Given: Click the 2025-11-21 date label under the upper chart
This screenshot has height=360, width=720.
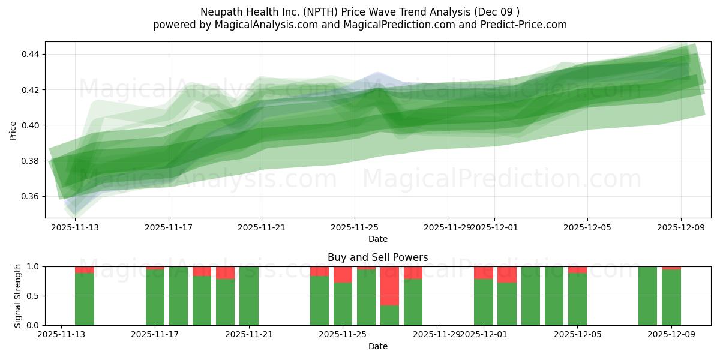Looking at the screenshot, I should [x=262, y=227].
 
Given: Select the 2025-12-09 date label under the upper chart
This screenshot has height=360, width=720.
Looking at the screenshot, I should [x=680, y=227].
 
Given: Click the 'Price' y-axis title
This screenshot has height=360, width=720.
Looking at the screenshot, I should [x=13, y=130].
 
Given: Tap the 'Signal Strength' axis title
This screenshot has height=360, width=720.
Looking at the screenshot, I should [x=18, y=296].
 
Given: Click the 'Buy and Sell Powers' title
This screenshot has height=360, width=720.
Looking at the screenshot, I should [x=378, y=257].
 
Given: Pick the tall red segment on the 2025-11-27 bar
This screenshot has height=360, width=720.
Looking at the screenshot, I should [x=389, y=286].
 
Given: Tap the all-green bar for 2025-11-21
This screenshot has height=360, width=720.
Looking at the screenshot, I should [x=249, y=296].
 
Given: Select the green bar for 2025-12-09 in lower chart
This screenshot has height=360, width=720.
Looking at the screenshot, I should [x=671, y=297].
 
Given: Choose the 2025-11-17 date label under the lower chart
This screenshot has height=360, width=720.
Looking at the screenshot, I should [x=155, y=335].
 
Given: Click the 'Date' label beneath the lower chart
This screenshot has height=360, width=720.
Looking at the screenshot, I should [x=378, y=346].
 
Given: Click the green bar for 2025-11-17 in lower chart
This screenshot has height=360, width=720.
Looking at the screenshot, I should [x=155, y=297].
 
